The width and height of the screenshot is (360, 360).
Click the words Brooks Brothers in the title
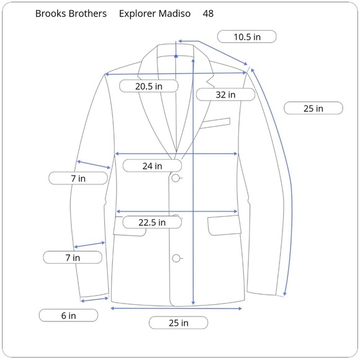[71, 14]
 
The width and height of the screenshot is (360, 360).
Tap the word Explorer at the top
[137, 14]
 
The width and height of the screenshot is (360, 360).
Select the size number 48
[208, 14]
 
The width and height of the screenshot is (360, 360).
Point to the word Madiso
[174, 14]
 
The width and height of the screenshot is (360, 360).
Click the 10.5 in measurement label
[247, 37]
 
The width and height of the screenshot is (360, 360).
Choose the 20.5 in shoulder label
[149, 86]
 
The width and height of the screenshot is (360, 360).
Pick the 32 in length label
[225, 94]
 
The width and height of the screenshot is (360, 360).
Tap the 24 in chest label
[152, 166]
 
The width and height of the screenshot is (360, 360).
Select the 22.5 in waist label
[152, 222]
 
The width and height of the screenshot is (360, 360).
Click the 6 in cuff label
[68, 315]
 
